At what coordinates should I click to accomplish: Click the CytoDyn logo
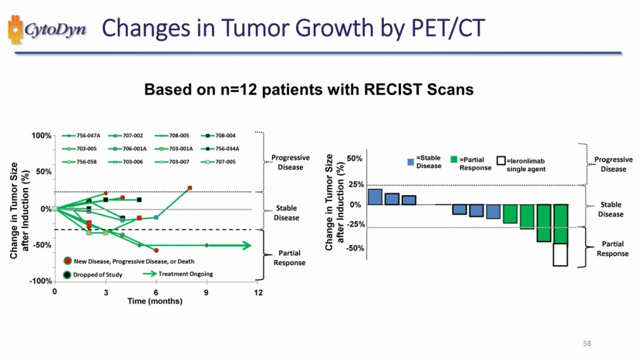coord(48,31)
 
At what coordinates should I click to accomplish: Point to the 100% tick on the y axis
coord(41,136)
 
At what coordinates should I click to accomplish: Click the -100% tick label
coord(39,281)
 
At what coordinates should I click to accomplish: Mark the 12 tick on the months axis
coord(258,293)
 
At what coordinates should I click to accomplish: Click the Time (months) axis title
coord(155,301)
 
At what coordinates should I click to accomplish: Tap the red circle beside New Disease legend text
coord(69,262)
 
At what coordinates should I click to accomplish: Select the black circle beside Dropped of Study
coord(69,274)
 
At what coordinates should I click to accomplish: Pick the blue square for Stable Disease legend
coord(410,162)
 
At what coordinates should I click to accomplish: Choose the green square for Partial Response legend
coord(453,162)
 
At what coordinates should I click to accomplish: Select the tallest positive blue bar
coord(376,197)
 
